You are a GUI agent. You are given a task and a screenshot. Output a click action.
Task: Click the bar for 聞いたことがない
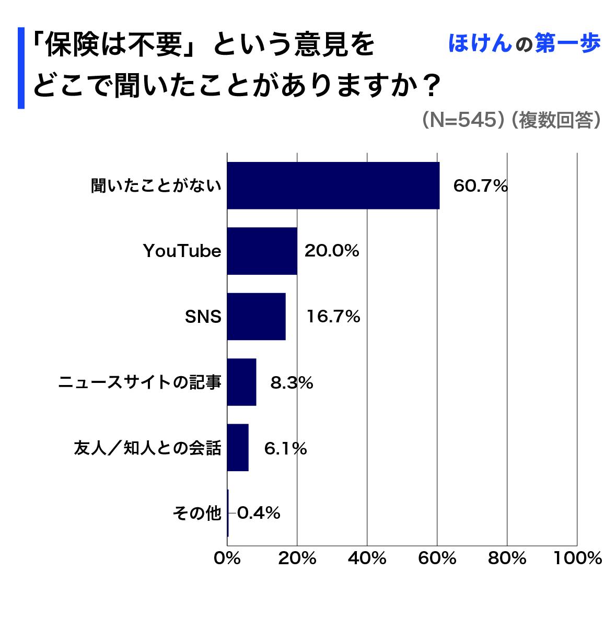tap(333, 185)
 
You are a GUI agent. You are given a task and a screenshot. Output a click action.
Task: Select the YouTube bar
tap(262, 251)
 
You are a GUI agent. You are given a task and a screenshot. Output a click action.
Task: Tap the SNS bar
tap(256, 317)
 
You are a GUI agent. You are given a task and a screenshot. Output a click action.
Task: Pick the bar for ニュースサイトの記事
tap(241, 382)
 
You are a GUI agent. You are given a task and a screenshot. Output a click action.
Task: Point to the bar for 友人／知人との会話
tap(238, 448)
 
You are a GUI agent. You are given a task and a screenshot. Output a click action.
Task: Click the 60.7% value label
tap(480, 186)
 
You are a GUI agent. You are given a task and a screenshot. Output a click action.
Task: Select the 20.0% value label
tap(332, 251)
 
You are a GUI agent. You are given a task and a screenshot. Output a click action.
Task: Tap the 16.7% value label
tap(333, 317)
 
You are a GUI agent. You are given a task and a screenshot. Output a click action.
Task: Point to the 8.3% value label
tap(292, 383)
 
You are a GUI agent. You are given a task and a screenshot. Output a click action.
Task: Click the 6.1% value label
tap(285, 448)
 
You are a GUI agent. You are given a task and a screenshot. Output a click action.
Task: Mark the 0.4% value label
tap(259, 514)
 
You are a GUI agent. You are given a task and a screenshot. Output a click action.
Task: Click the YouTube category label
tap(182, 251)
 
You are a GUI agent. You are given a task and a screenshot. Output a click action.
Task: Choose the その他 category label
tap(197, 514)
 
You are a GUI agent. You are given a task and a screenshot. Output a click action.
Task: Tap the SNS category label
tap(203, 317)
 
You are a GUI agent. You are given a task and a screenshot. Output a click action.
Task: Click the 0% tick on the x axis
tap(227, 558)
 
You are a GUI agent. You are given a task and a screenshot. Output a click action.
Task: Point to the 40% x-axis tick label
tap(367, 558)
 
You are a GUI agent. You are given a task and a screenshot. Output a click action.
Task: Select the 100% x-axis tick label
tap(578, 558)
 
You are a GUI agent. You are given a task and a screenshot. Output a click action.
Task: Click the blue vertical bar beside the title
tap(21, 68)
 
